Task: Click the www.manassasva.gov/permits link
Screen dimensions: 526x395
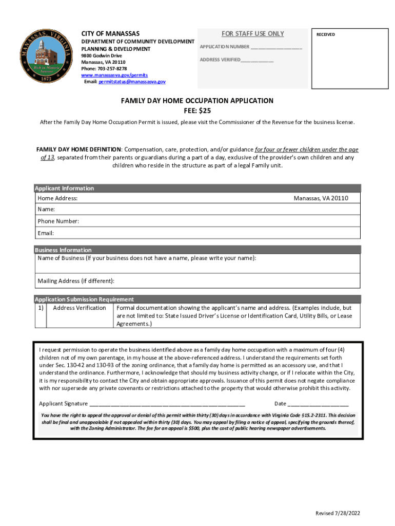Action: click(111, 75)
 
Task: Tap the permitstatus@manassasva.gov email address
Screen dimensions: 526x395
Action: click(132, 82)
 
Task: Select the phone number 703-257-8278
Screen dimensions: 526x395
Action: click(114, 68)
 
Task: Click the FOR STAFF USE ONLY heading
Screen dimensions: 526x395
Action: click(252, 34)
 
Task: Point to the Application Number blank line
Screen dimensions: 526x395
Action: click(276, 48)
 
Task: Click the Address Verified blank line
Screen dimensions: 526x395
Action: click(256, 61)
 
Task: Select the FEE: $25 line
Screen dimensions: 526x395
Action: click(197, 110)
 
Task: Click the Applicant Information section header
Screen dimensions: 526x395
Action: click(64, 189)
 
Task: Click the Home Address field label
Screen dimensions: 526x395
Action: click(57, 198)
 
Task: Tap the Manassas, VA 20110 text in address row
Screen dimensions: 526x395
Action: click(321, 198)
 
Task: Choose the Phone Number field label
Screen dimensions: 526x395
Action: click(58, 221)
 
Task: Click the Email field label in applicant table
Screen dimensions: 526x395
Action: click(46, 233)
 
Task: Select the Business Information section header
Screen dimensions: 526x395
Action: click(63, 250)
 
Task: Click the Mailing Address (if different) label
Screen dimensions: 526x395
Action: click(76, 281)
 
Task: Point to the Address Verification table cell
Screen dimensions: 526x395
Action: click(80, 308)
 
